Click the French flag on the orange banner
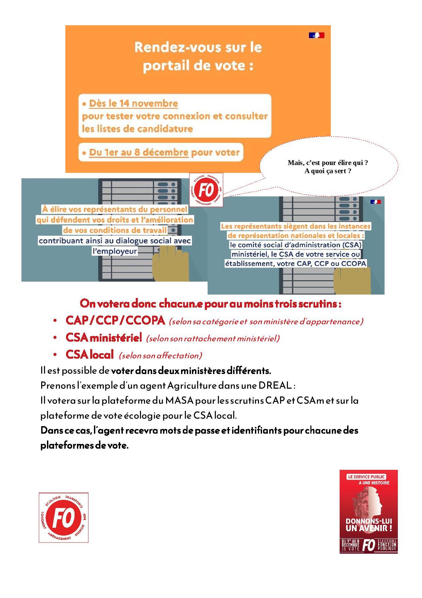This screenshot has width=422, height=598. [316, 35]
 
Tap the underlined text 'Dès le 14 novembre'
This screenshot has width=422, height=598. [133, 103]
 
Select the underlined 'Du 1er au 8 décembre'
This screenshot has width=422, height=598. [139, 152]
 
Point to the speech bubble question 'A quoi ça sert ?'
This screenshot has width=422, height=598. [328, 171]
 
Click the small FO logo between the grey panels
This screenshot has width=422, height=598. [206, 190]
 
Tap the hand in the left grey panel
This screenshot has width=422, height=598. [171, 263]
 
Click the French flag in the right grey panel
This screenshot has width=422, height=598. [376, 202]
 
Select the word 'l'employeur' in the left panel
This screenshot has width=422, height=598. [115, 251]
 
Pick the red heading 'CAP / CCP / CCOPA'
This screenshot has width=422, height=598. [115, 320]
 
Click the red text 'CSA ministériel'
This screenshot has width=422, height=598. [103, 338]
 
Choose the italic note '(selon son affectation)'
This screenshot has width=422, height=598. [160, 356]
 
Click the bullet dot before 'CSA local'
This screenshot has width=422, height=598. [55, 355]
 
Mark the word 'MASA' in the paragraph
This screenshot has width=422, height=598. [179, 401]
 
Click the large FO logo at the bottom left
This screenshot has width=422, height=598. [64, 518]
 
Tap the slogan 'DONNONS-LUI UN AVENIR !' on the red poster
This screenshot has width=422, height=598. [369, 525]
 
